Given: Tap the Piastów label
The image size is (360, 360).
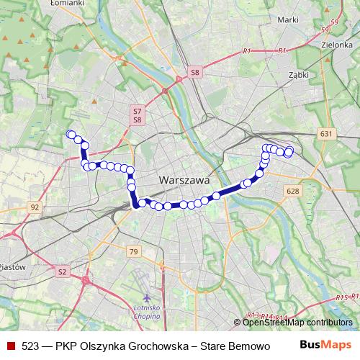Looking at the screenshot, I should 12,266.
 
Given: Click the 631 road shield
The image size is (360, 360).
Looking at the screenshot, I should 326,135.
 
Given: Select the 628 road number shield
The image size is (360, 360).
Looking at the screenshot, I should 292,191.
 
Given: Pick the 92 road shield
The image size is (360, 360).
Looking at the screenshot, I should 34,207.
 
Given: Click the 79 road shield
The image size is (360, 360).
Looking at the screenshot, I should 132,251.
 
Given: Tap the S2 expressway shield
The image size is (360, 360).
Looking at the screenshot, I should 62,271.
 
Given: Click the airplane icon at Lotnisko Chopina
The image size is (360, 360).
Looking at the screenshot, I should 148,297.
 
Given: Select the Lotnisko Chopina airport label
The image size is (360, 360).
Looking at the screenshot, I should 148,313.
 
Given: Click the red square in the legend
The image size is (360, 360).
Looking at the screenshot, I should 10,346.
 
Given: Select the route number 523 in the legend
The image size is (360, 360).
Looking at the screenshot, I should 30,346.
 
